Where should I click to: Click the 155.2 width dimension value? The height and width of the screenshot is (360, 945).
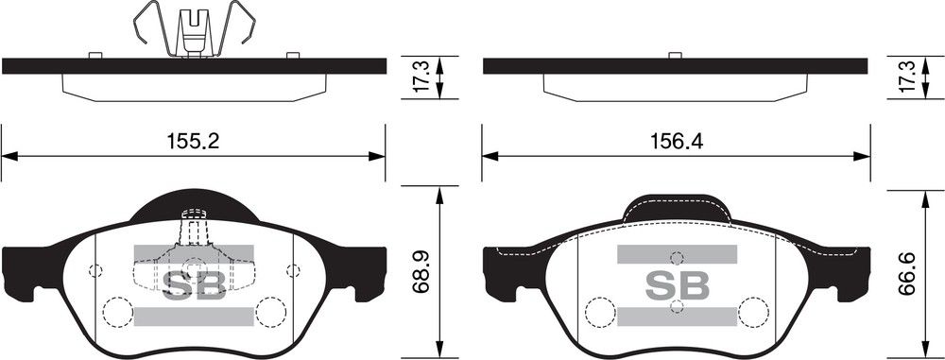[193, 141]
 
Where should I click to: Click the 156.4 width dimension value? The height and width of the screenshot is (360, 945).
[677, 141]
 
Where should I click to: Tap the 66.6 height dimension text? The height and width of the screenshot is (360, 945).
[906, 274]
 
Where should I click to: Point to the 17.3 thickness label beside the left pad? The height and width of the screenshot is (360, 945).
[421, 76]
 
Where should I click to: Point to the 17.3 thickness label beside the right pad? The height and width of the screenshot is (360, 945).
[906, 76]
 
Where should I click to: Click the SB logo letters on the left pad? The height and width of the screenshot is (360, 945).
[194, 285]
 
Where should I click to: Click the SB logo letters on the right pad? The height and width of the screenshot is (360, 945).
[677, 285]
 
